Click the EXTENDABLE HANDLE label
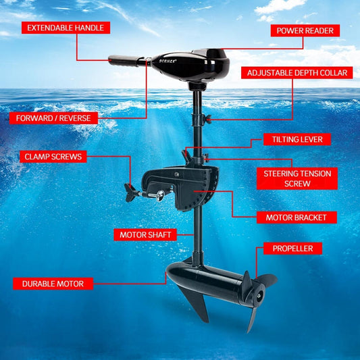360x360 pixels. [x=66, y=28]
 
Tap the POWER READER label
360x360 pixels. [x=305, y=30]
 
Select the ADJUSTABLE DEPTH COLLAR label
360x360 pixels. [x=297, y=72]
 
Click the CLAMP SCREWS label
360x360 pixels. [x=53, y=157]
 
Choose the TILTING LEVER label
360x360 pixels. [x=297, y=139]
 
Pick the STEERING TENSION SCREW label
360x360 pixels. [x=297, y=178]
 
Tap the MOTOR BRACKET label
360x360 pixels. [x=297, y=217]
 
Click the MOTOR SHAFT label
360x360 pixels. [x=147, y=235]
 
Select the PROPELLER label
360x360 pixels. [x=292, y=249]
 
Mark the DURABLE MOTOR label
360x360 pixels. [x=53, y=284]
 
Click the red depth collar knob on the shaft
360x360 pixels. [x=209, y=119]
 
